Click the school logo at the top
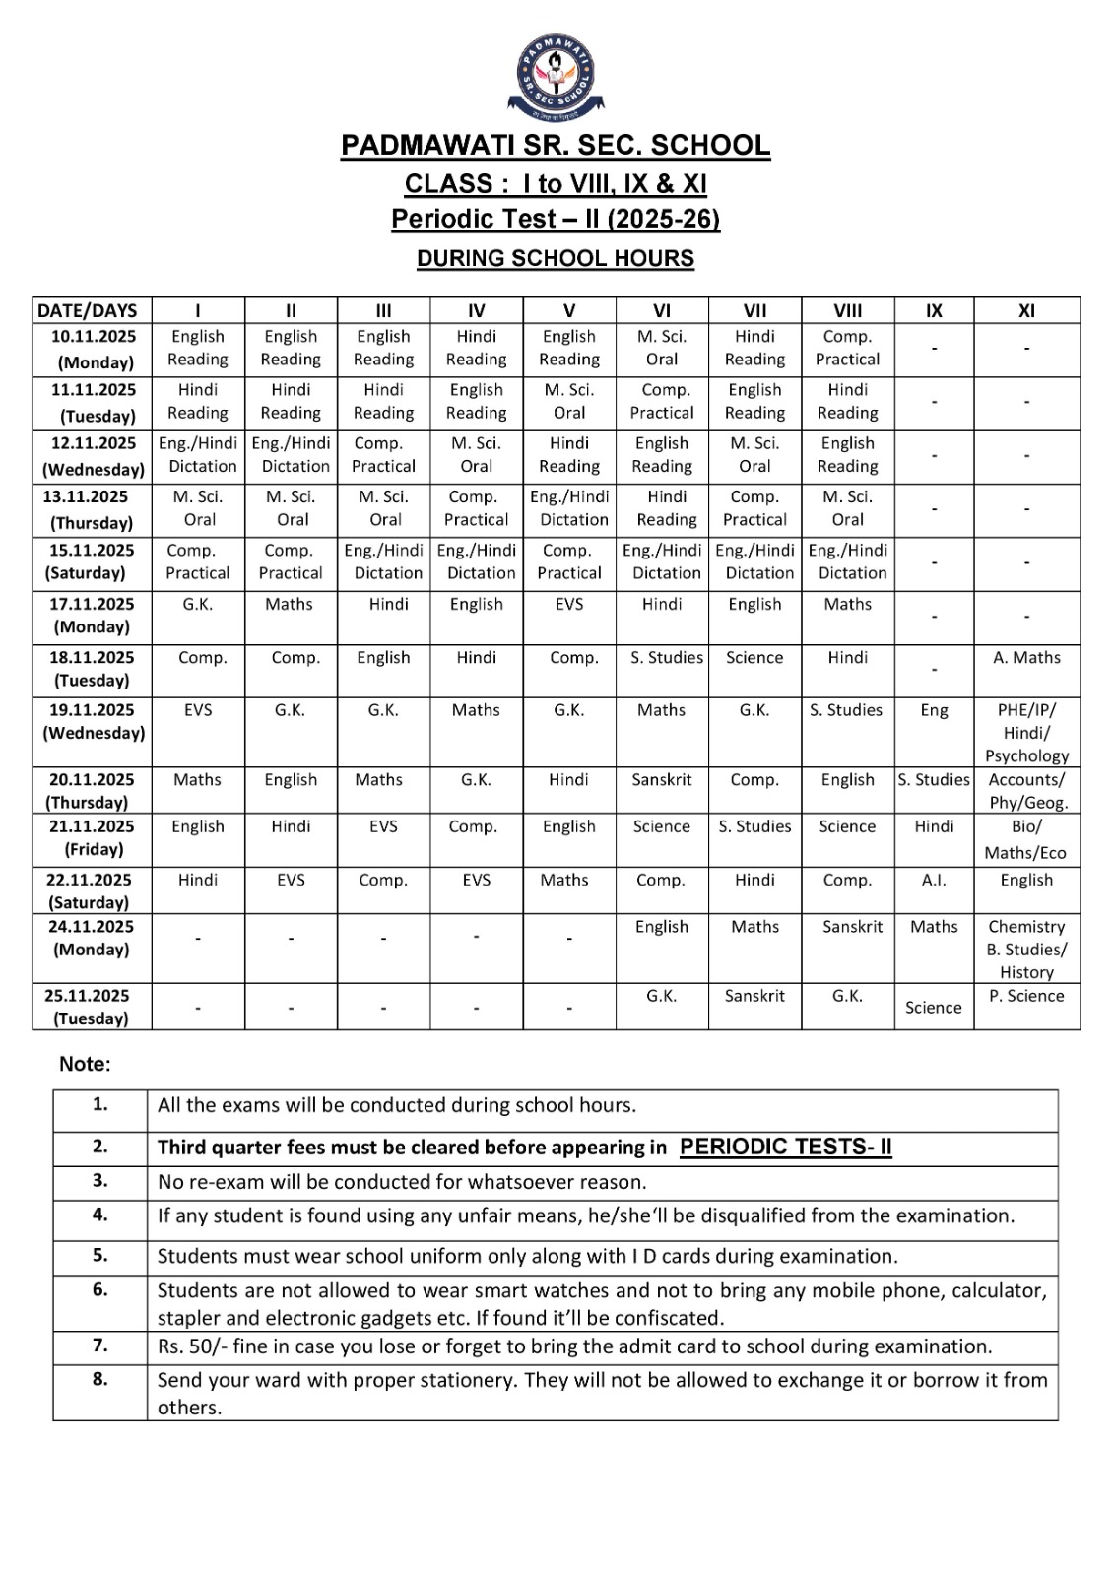tap(557, 76)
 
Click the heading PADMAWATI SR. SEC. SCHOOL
tap(556, 146)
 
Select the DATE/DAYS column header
tap(88, 310)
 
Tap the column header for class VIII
tap(847, 310)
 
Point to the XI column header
tap(1026, 310)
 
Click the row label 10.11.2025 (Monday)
tap(94, 350)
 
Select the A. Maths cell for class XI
tap(1026, 657)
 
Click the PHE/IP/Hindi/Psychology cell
tap(1026, 732)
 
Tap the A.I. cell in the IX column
tap(934, 880)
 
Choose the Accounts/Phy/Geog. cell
tap(1026, 791)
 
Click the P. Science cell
tap(1026, 996)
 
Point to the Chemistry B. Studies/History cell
tap(1026, 949)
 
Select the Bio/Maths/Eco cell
tap(1026, 839)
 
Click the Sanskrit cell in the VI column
tap(662, 779)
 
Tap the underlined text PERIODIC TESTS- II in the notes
tap(785, 1147)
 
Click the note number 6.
tap(100, 1289)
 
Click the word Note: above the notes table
tap(85, 1064)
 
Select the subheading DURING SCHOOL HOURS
tap(556, 258)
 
